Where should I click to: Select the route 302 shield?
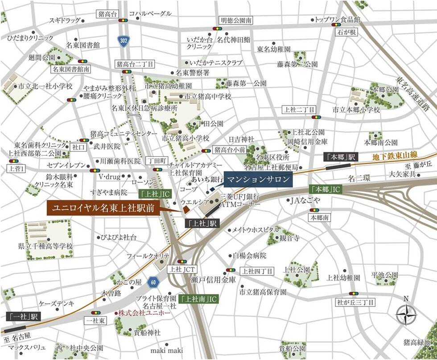[124, 41]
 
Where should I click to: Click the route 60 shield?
[153, 282]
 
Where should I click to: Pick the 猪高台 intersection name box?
[107, 14]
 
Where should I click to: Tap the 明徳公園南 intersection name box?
[236, 20]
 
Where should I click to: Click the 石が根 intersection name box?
[346, 32]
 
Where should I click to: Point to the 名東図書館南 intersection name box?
[71, 69]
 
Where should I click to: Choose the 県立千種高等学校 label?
[45, 246]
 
